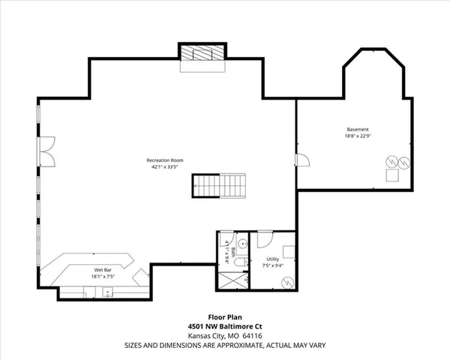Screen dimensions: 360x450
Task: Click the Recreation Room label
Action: pos(162,160)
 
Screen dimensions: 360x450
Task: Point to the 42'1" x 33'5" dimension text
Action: pos(162,166)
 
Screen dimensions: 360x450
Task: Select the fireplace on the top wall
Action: pos(200,55)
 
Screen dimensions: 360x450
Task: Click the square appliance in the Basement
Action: pos(392,175)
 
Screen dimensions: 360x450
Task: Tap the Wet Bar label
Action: pos(103,268)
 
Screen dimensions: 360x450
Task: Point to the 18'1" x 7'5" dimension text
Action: pos(103,275)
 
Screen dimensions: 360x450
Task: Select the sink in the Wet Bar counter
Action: pos(106,292)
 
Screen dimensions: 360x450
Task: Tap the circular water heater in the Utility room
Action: pos(287,281)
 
